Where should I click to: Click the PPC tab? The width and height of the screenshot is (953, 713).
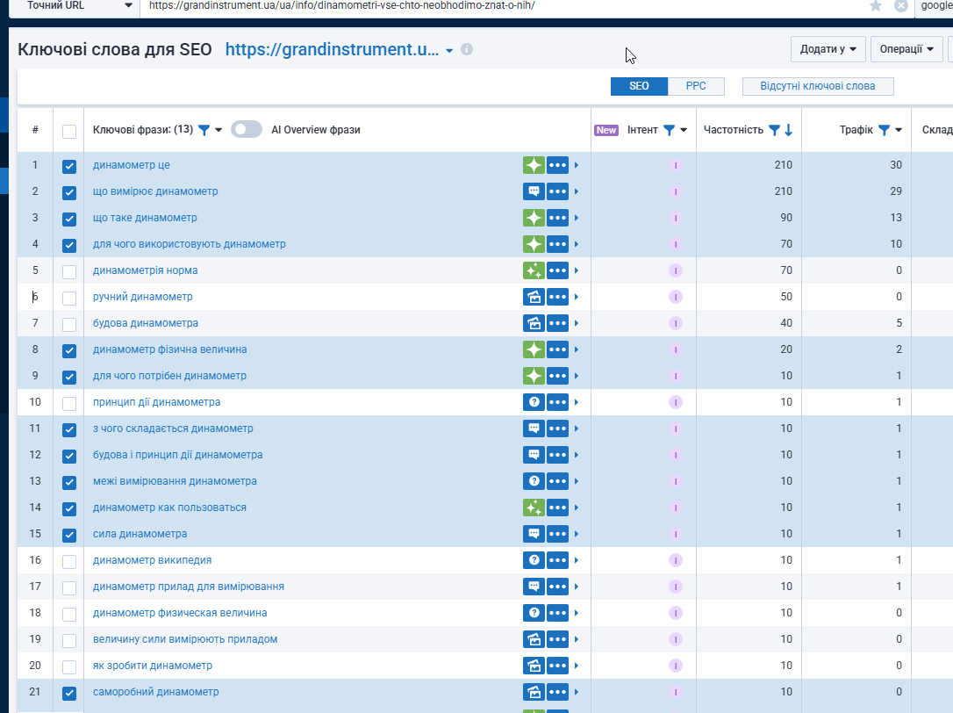coord(696,86)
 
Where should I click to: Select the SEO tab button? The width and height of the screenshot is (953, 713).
coord(639,86)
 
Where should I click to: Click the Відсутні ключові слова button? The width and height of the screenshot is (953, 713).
coord(818,86)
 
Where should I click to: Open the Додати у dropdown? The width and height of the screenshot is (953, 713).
coord(828,49)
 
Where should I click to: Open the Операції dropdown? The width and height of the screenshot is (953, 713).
coord(906,49)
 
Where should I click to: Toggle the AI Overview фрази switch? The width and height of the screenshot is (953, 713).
coord(247,130)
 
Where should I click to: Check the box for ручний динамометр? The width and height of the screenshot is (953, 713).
coord(69,298)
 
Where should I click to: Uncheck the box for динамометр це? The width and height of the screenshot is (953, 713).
coord(69,166)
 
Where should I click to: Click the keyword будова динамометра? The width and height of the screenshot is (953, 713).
coord(146,323)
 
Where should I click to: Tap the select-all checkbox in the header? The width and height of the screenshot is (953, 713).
coord(69,131)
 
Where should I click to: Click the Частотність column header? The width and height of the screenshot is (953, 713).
coord(734,130)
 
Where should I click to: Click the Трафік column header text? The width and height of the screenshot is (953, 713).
coord(856,130)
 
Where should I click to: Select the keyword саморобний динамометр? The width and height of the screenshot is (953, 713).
coord(156,692)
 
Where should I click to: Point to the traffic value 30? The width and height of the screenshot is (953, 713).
coord(895,165)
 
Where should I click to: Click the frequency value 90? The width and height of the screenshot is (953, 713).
coord(785,218)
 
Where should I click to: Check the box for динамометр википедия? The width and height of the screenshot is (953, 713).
coord(69,561)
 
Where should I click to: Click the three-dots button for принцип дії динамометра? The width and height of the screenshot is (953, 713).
coord(558,402)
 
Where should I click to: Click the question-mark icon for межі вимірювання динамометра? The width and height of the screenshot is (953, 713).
coord(534,481)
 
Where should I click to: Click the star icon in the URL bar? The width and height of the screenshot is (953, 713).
coord(875,6)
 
